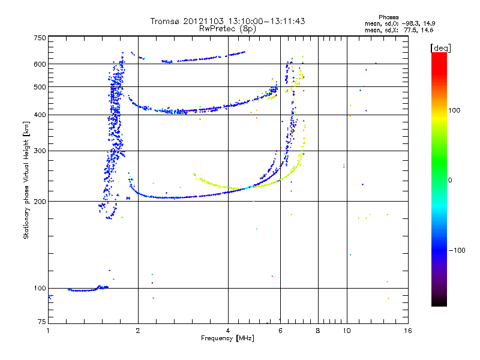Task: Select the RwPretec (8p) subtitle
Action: point(227,29)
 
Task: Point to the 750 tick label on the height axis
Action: point(40,38)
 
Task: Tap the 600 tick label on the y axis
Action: point(40,64)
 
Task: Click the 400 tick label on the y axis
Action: point(40,115)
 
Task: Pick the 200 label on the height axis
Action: point(40,202)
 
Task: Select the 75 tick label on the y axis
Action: point(42,322)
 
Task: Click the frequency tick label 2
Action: point(138,331)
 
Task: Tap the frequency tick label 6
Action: point(280,331)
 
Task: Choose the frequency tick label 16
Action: point(408,331)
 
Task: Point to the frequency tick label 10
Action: point(347,331)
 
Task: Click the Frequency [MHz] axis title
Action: point(227,338)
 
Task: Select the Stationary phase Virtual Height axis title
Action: point(26,181)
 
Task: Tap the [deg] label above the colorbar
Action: point(440,49)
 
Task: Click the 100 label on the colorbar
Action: point(454,110)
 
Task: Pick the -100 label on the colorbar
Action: point(457,250)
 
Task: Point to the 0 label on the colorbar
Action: point(450,181)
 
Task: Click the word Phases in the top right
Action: point(388,17)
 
